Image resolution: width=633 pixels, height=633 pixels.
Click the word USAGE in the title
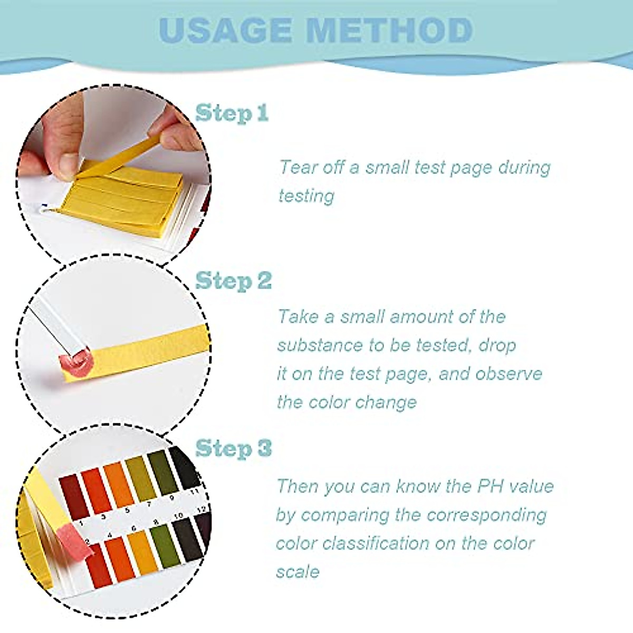pyautogui.click(x=225, y=30)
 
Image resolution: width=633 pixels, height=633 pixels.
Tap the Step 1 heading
pyautogui.click(x=232, y=113)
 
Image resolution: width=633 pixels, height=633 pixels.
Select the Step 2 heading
pyautogui.click(x=233, y=281)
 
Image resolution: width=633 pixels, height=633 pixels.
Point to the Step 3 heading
pyautogui.click(x=233, y=448)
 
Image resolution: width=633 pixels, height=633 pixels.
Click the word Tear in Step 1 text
pyautogui.click(x=299, y=167)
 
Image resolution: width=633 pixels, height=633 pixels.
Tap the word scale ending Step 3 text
pyautogui.click(x=298, y=572)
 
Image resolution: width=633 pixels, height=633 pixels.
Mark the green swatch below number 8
pyautogui.click(x=164, y=546)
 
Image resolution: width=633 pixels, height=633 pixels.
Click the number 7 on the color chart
pyautogui.click(x=149, y=504)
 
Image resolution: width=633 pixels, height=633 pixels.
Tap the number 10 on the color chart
pyautogui.click(x=178, y=515)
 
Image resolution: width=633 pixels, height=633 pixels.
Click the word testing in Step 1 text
pyautogui.click(x=306, y=196)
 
